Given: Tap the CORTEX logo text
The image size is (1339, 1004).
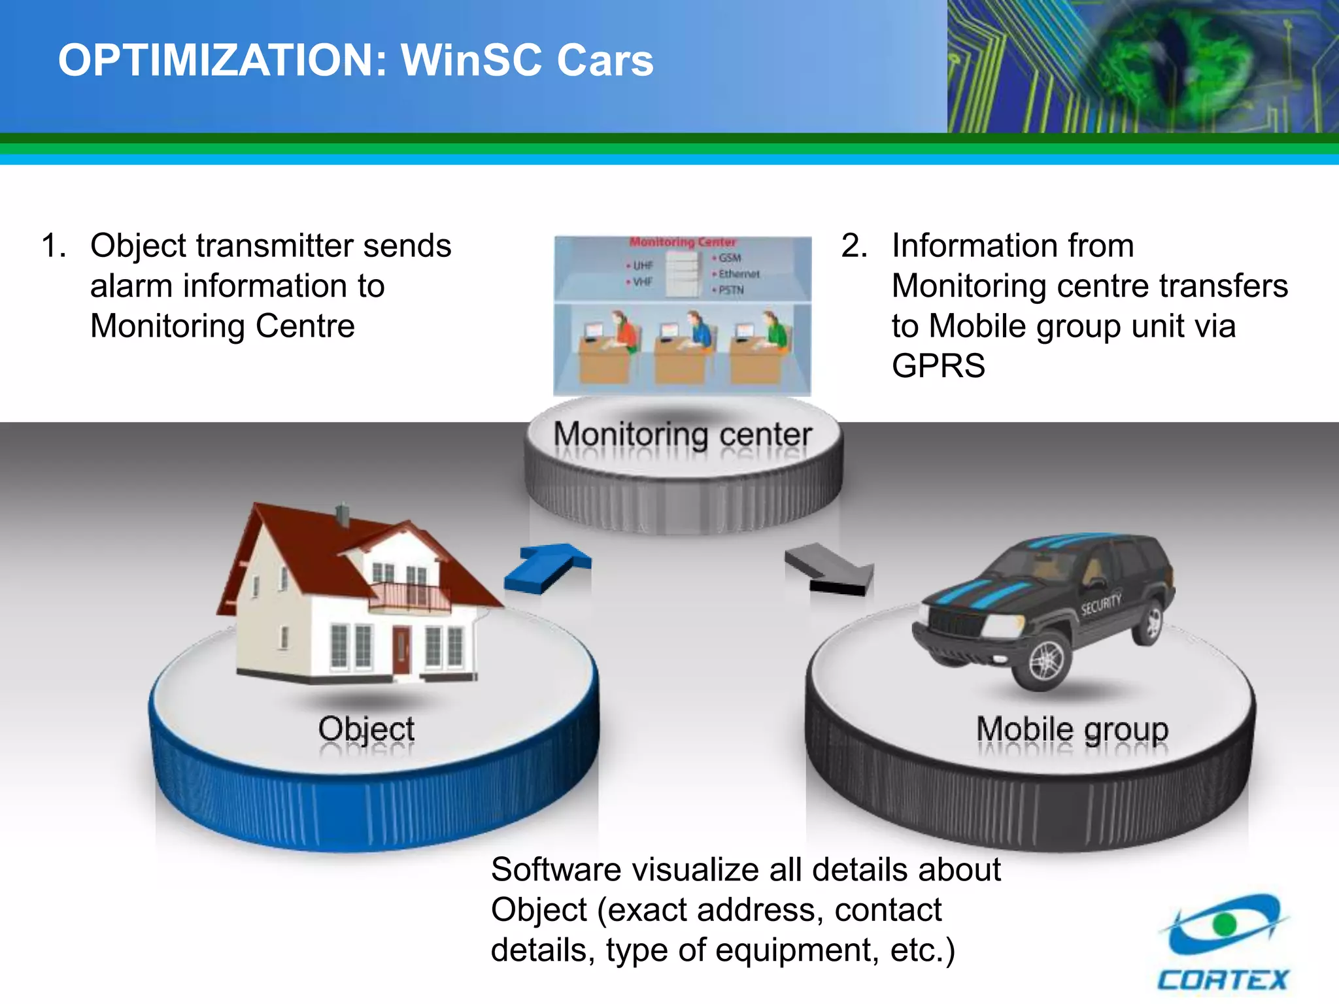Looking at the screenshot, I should (1222, 980).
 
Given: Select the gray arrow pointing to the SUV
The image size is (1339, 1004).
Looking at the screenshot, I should (830, 569).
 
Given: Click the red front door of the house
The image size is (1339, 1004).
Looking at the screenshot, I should (401, 650).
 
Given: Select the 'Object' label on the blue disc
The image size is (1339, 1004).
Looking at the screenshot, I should (366, 729).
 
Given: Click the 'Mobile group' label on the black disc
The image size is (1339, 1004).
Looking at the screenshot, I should (1072, 729).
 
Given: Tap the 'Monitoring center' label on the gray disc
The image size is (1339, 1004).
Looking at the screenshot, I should (683, 434).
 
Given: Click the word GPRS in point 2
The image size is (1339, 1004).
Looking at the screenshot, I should (938, 366).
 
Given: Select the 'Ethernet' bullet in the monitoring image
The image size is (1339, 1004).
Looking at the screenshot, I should (738, 274).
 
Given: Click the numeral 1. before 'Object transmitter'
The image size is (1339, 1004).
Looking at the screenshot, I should (54, 246).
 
